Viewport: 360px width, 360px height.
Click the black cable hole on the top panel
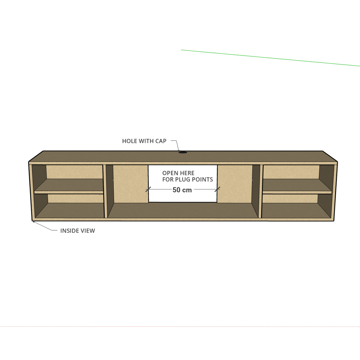183,152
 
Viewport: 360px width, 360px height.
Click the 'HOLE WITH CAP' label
144,141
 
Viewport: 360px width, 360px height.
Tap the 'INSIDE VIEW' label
78,231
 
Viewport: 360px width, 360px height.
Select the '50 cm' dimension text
182,190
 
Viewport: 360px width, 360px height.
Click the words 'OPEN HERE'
178,173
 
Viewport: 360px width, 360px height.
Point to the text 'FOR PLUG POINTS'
188,179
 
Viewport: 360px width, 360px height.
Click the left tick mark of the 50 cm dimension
148,189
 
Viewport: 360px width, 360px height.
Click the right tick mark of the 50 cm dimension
217,189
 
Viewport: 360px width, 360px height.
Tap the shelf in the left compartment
69,186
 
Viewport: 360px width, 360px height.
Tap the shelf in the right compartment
297,186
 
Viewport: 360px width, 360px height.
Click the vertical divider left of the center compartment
106,191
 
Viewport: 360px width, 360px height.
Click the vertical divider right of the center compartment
261,191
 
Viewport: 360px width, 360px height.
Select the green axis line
270,58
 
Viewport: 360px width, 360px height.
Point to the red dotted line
180,326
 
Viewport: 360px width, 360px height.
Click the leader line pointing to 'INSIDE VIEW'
45,226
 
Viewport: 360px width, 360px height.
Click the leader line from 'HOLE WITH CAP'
176,145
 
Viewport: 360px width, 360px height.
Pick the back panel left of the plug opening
131,184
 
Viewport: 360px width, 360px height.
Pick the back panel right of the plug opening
235,184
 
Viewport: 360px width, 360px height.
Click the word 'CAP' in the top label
161,141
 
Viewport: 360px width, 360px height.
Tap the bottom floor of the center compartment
183,210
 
